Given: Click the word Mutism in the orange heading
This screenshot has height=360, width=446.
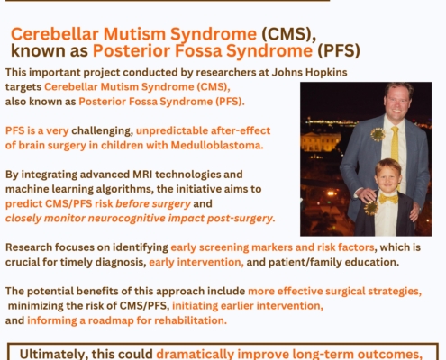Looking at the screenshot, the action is click(134, 33).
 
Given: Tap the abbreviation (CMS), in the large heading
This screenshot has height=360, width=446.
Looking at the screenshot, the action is click(288, 33).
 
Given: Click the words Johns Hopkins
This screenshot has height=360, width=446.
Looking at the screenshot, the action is click(309, 72).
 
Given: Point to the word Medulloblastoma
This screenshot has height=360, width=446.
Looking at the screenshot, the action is click(217, 145).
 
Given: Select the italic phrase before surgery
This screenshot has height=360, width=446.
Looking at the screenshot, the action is click(153, 203).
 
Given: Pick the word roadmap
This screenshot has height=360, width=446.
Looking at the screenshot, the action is click(111, 320).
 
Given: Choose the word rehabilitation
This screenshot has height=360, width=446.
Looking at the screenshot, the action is click(190, 320).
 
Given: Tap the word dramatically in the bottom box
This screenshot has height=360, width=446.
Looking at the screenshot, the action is click(195, 354).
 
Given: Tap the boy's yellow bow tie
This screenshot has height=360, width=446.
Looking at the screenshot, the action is click(388, 199).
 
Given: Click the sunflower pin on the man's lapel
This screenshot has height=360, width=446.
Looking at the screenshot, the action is click(378, 135).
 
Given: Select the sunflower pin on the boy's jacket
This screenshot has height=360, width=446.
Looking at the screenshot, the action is click(371, 208).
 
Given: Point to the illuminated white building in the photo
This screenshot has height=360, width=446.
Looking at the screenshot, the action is click(321, 141).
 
